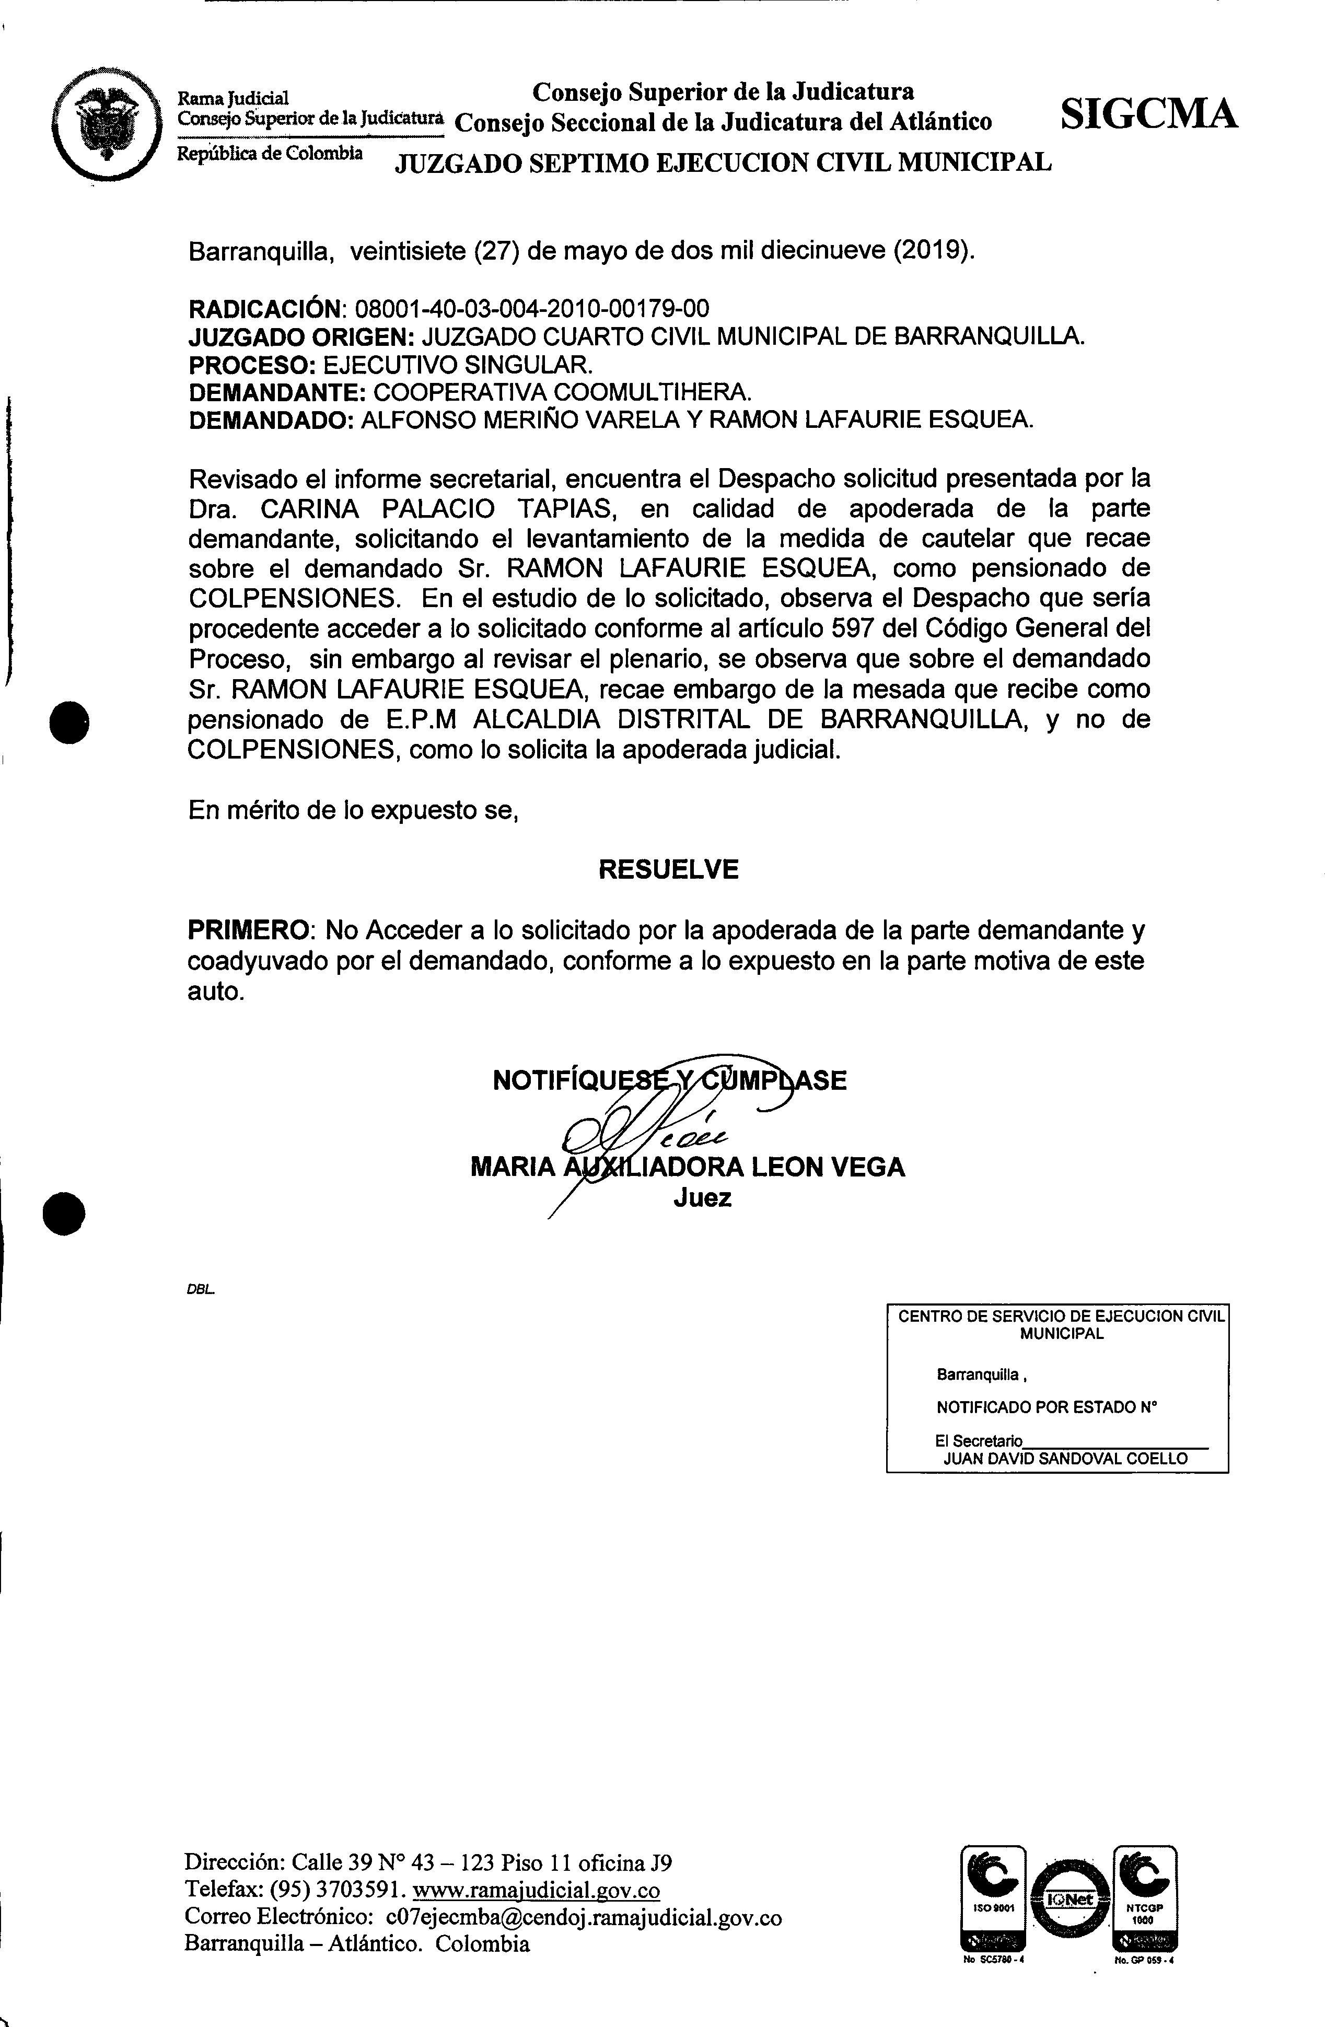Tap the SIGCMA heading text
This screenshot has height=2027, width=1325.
tap(1149, 113)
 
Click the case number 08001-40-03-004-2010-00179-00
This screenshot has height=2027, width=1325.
tap(531, 308)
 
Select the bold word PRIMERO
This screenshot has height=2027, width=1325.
tap(247, 928)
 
